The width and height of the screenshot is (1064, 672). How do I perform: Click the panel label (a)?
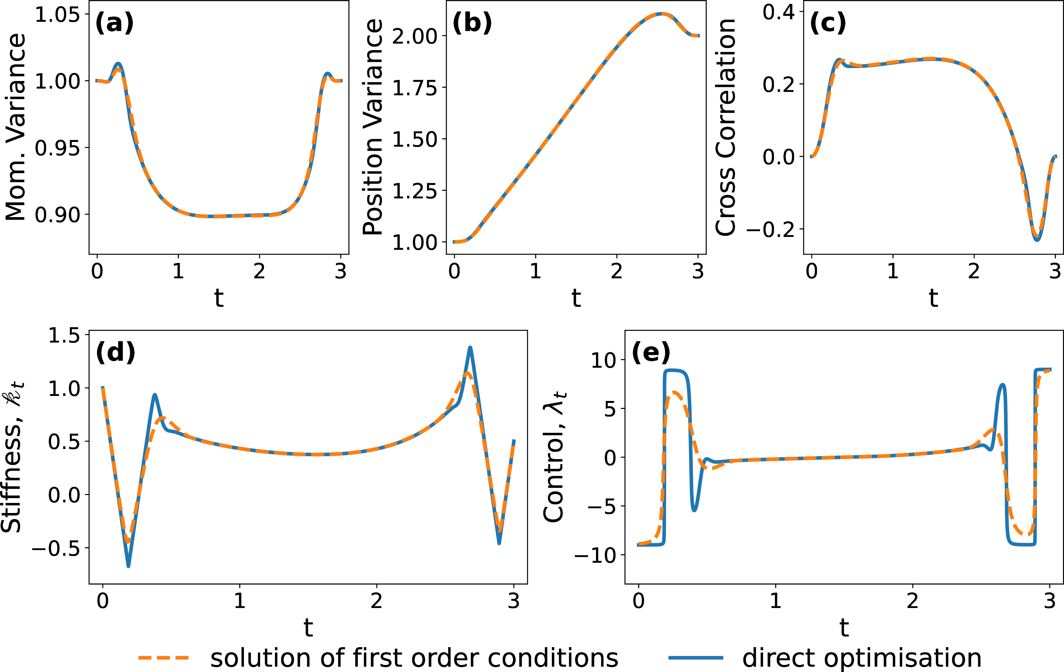114,23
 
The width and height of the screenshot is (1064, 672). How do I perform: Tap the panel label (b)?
472,23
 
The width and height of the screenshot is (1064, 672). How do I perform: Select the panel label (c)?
828,23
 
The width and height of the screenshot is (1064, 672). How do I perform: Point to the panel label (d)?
115,353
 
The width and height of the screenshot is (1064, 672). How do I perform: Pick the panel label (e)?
651,353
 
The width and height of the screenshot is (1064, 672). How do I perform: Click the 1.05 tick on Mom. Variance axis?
58,15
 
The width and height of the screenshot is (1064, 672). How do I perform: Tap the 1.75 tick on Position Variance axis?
414,87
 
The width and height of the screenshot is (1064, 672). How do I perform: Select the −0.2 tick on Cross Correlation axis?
771,230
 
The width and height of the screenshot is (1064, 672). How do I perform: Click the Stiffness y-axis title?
12,457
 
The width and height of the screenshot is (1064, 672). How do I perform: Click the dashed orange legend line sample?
163,658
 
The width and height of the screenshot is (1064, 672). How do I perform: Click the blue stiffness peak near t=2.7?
470,348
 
